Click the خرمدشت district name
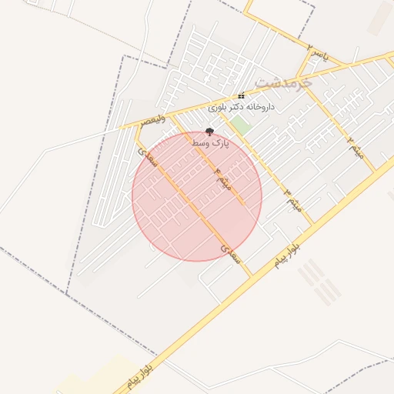(x=283, y=81)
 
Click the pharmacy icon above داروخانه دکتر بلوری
(x=242, y=96)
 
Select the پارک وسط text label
(x=210, y=143)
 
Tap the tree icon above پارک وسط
(x=210, y=132)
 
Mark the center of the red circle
(x=197, y=196)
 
